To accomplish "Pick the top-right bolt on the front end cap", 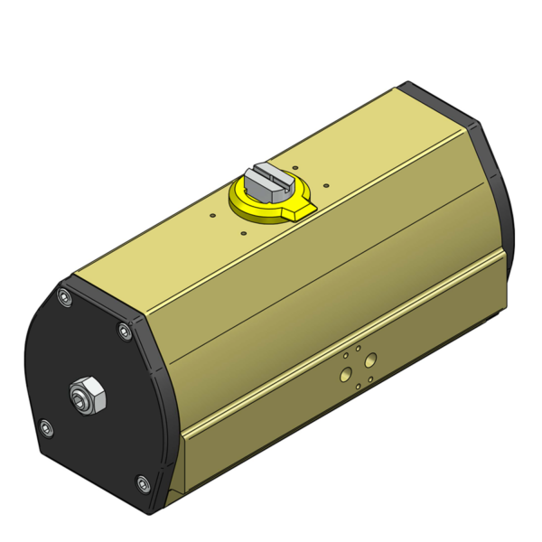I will click(125, 332).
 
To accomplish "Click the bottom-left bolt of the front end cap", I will click(46, 427).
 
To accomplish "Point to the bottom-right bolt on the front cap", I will click(145, 488).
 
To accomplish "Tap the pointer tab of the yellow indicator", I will click(302, 210).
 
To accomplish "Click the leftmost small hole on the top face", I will click(210, 216).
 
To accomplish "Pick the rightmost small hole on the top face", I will click(324, 187).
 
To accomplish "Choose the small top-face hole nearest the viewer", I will click(243, 232).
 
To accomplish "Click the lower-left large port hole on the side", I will click(345, 372).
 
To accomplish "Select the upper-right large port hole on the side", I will click(369, 360).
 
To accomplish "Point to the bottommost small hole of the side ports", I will click(357, 386).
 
